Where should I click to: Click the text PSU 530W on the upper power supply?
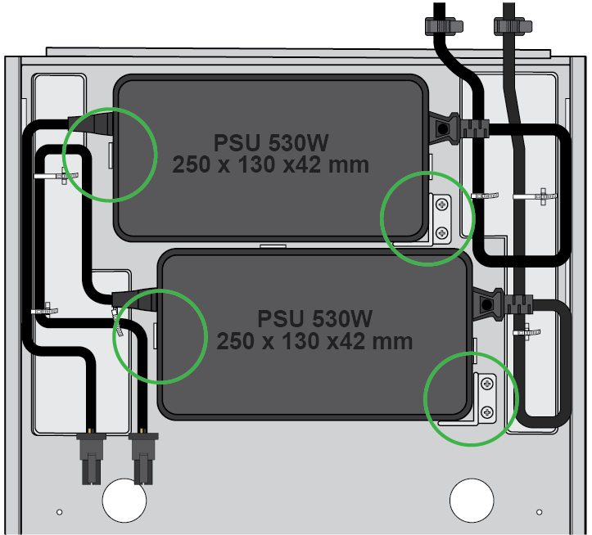(x=271, y=143)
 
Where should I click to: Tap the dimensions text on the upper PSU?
(x=271, y=164)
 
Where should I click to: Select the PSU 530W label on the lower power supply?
(x=314, y=318)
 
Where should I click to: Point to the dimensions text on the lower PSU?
(x=314, y=339)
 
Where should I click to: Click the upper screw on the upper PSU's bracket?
(x=442, y=204)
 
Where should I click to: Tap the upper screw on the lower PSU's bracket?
(x=487, y=383)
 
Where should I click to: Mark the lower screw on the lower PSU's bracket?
(x=487, y=410)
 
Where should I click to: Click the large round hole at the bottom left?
(x=123, y=498)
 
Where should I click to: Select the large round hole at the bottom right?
(x=472, y=497)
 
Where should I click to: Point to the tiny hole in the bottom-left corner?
(x=59, y=513)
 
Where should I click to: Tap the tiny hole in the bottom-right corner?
(x=538, y=512)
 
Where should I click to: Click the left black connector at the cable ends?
(x=89, y=457)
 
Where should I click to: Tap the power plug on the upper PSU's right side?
(x=459, y=128)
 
